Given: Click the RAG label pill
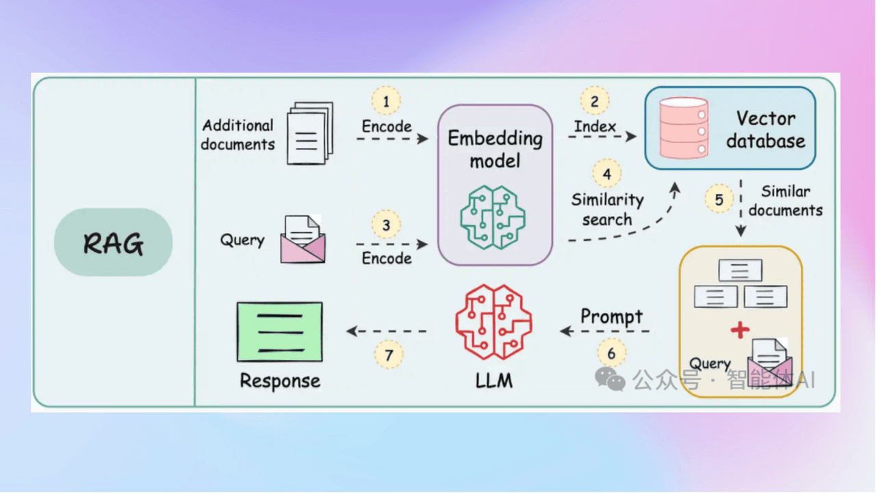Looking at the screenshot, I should [113, 242].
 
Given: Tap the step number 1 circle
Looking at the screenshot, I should [386, 101].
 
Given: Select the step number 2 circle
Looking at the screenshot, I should [595, 101].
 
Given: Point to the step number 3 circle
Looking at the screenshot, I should [386, 224].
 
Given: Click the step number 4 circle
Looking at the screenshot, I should [607, 174].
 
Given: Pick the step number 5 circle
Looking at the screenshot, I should [719, 199].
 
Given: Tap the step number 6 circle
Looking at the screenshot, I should [611, 354].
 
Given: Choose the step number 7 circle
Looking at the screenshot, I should [389, 355].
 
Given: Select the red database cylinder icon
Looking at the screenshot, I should [682, 128].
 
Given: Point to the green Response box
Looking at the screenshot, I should [279, 331].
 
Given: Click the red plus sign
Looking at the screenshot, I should [740, 330].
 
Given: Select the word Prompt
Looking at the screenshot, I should [611, 316].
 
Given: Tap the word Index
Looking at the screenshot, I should [595, 127].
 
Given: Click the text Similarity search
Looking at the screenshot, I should [608, 210].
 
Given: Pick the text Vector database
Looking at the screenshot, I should [765, 129].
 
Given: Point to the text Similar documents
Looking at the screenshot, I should [786, 201].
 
